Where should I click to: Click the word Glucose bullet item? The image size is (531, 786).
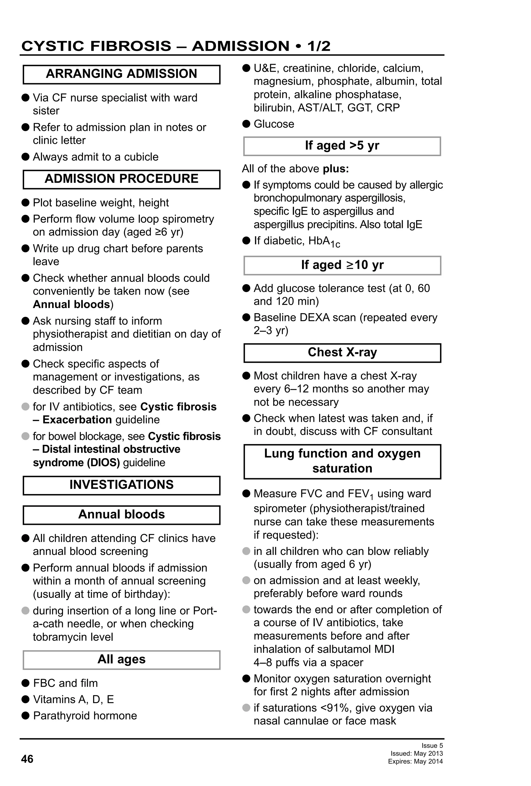point(274,124)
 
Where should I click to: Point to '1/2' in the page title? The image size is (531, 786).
point(318,46)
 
